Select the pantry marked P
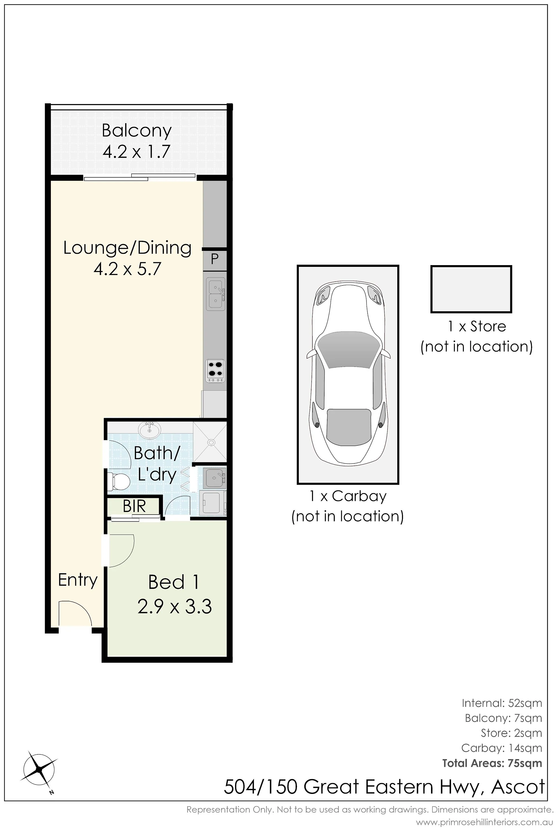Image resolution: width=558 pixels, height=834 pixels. pyautogui.click(x=214, y=259)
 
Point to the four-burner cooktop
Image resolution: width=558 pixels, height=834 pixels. pyautogui.click(x=215, y=371)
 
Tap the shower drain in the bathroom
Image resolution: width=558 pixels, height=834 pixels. pyautogui.click(x=212, y=443)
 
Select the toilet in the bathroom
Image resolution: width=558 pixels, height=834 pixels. pyautogui.click(x=119, y=482)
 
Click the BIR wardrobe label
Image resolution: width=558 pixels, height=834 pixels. pyautogui.click(x=134, y=507)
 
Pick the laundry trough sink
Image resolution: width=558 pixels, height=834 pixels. pyautogui.click(x=214, y=478)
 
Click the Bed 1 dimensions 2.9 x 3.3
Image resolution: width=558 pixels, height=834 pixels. pyautogui.click(x=174, y=607)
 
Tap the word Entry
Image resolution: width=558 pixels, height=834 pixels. pyautogui.click(x=78, y=580)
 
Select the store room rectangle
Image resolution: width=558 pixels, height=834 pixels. pyautogui.click(x=471, y=289)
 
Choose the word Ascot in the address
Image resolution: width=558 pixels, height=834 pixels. pyautogui.click(x=518, y=787)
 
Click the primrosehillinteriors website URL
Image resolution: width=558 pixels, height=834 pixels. pyautogui.click(x=484, y=822)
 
